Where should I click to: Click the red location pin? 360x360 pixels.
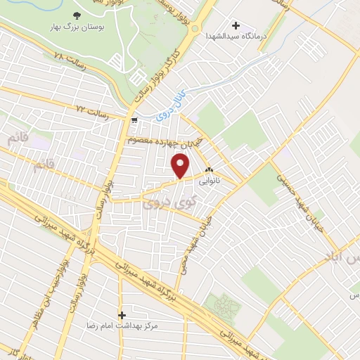[x=181, y=166]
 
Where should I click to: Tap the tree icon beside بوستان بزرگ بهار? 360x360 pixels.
[x=77, y=14]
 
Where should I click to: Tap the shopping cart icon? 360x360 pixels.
[x=134, y=120]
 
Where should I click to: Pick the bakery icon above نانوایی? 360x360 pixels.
[x=209, y=170]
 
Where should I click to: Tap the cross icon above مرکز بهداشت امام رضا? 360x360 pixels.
[x=123, y=315]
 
